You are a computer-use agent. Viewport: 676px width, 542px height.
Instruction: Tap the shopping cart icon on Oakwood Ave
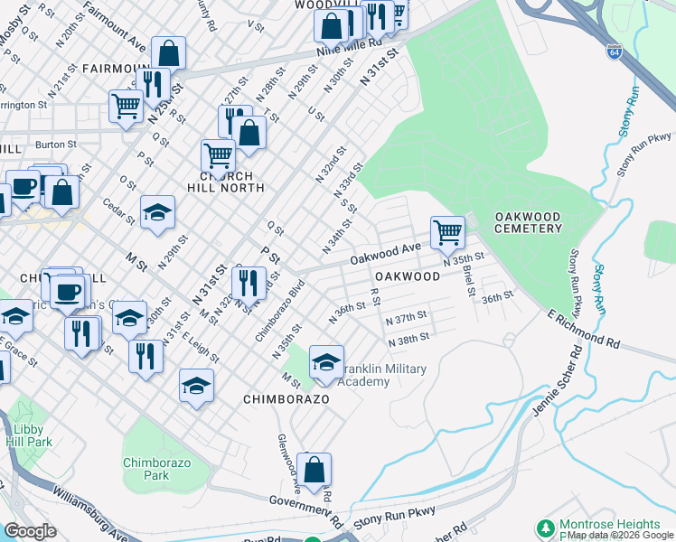(447, 233)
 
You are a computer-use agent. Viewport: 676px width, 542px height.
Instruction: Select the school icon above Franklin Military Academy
(326, 362)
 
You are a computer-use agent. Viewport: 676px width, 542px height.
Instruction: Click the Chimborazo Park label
(146, 468)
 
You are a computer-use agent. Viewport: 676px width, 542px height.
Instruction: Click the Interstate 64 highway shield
(614, 50)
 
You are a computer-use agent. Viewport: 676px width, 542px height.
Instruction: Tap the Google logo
(29, 531)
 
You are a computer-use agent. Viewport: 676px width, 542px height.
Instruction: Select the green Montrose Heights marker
(546, 526)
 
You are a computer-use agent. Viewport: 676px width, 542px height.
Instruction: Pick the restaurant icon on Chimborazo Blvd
(249, 283)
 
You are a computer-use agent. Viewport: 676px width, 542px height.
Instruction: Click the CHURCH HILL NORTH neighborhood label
(225, 182)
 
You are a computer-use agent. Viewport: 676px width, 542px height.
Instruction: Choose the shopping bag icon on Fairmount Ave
(168, 53)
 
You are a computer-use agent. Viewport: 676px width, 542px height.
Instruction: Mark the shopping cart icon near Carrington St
(126, 106)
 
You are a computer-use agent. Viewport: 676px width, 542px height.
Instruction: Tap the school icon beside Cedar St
(157, 212)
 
